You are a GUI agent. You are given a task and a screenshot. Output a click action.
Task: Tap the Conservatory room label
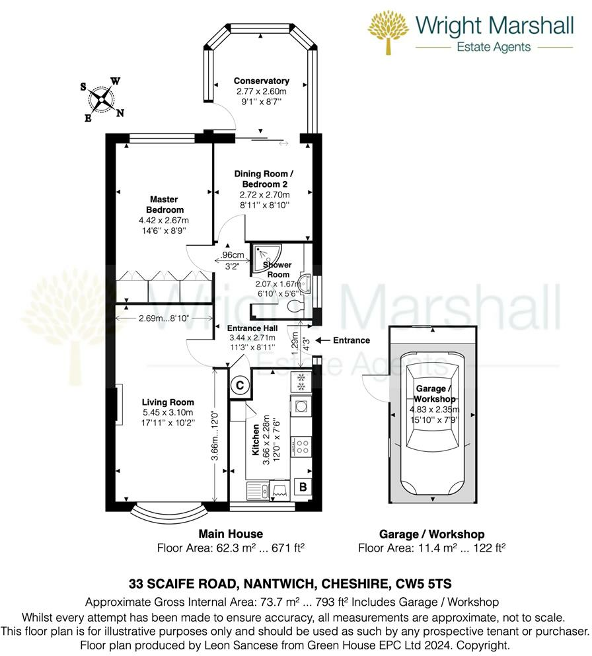(x=262, y=81)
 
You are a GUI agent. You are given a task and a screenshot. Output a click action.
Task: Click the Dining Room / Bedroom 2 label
(x=264, y=178)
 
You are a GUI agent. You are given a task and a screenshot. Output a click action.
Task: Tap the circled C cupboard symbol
(x=240, y=384)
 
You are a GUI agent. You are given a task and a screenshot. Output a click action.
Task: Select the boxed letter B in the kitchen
(x=303, y=488)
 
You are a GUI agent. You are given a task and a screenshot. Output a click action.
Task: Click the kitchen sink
(x=256, y=490)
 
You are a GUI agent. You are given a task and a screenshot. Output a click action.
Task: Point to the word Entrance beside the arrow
(x=352, y=340)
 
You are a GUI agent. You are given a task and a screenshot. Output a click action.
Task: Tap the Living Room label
(x=168, y=402)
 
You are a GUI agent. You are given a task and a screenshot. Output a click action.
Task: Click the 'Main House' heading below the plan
(x=231, y=534)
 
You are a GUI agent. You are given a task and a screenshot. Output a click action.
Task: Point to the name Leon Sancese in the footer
(x=217, y=644)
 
